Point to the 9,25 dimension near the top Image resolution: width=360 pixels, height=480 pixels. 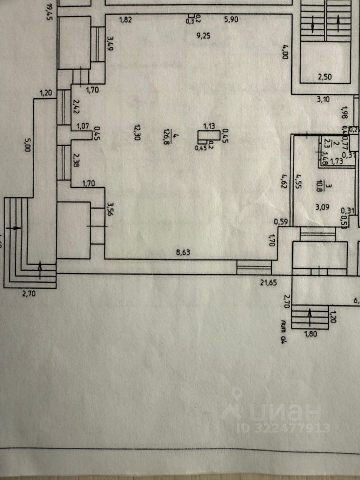coord(203,35)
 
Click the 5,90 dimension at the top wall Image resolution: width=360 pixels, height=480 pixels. coord(231,20)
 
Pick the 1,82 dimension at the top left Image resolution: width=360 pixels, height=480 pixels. coord(125,20)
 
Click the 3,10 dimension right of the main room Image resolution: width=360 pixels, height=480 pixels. coord(323,99)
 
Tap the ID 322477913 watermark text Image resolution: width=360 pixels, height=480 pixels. coord(283,428)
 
